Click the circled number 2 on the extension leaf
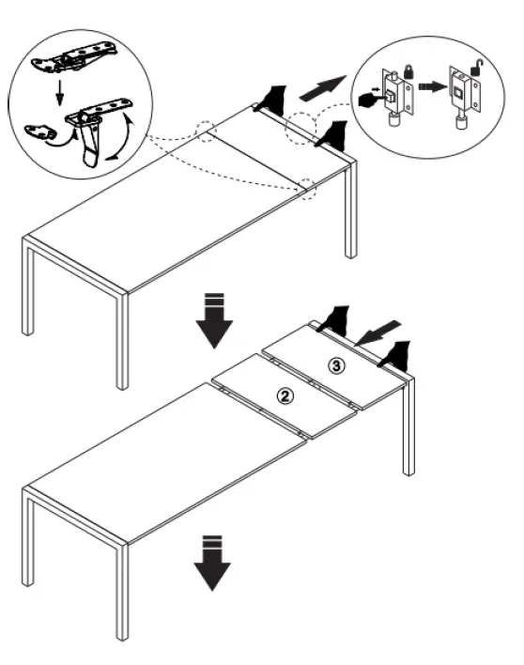tap(287, 395)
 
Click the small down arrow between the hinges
tap(58, 90)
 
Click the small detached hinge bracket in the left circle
tap(42, 129)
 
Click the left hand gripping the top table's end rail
tap(271, 98)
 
